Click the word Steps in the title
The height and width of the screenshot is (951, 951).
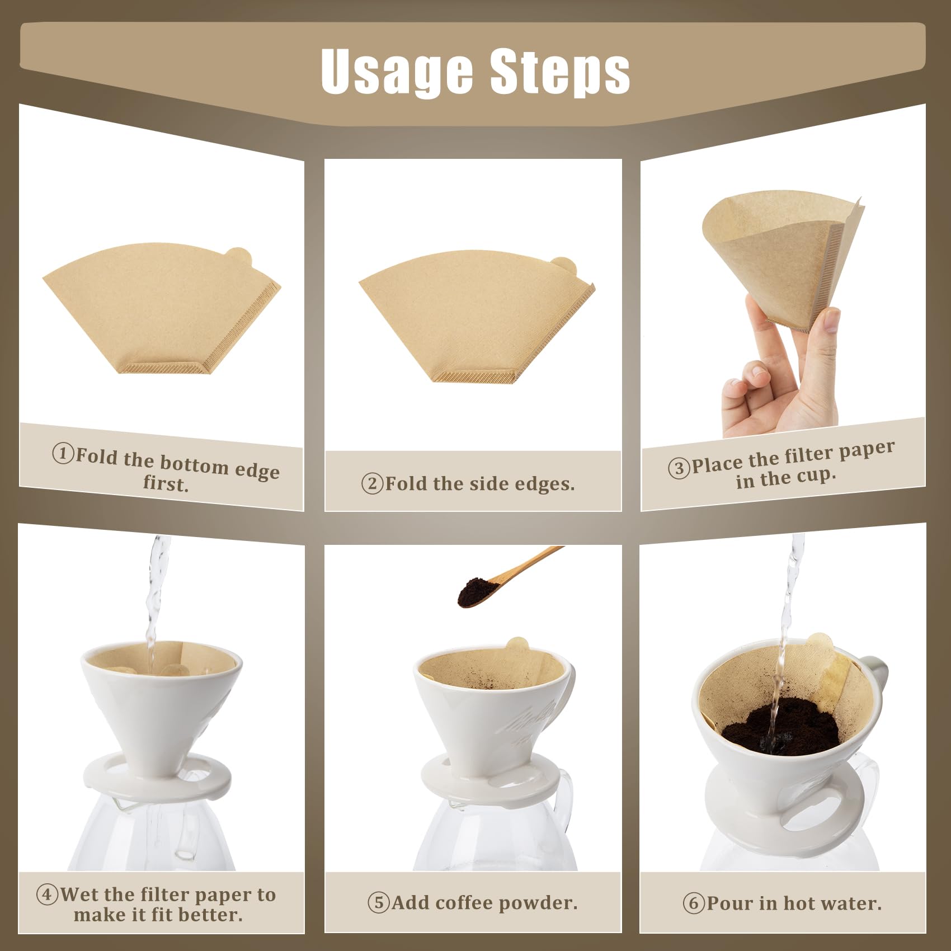click(x=560, y=71)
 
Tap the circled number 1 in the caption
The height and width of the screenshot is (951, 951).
click(x=63, y=453)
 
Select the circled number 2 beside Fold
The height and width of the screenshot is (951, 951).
click(x=372, y=483)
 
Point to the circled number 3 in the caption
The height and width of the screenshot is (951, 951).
click(x=679, y=468)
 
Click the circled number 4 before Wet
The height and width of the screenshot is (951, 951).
click(x=47, y=894)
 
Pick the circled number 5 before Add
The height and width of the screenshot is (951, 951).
click(x=379, y=902)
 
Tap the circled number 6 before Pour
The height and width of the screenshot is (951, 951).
click(x=694, y=903)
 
